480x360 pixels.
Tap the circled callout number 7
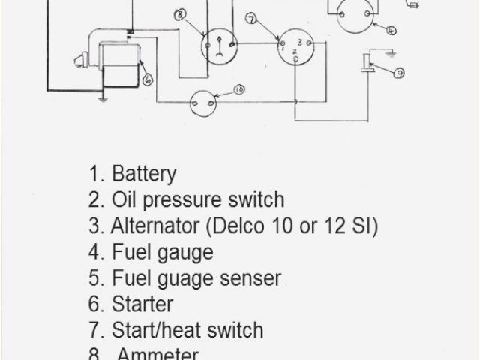pyautogui.click(x=250, y=17)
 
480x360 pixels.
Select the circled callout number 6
pyautogui.click(x=146, y=77)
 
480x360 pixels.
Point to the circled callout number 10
pyautogui.click(x=239, y=90)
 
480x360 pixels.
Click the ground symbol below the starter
pyautogui.click(x=101, y=96)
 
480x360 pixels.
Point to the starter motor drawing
pyautogui.click(x=112, y=60)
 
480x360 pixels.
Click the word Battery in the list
pyautogui.click(x=144, y=174)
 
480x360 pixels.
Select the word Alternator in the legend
pyautogui.click(x=160, y=226)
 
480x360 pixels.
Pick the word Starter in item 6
pyautogui.click(x=142, y=304)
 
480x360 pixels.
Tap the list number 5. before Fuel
pyautogui.click(x=96, y=278)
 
